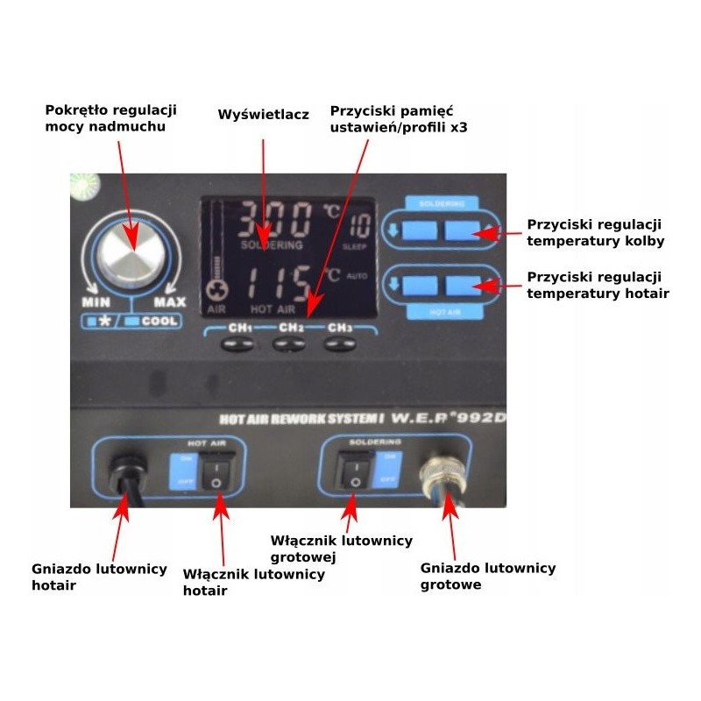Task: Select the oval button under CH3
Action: pyautogui.click(x=338, y=344)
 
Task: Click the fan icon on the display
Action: pyautogui.click(x=216, y=293)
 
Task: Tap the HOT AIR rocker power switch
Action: pyautogui.click(x=213, y=474)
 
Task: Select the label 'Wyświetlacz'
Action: pyautogui.click(x=263, y=115)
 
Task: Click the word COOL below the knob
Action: pyautogui.click(x=158, y=321)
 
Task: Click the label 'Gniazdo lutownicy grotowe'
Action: pyautogui.click(x=488, y=576)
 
